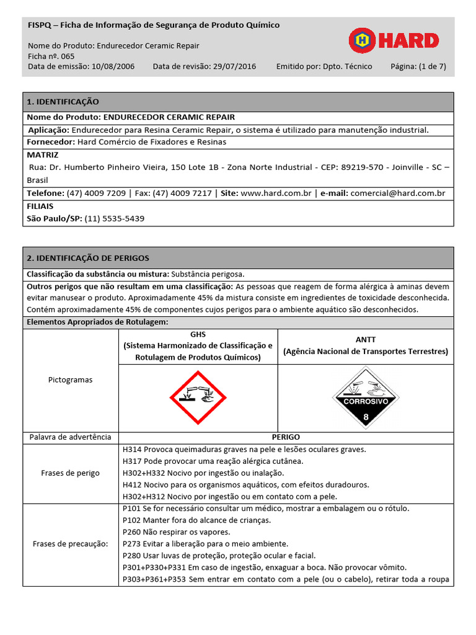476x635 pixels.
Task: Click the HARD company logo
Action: tap(394, 41)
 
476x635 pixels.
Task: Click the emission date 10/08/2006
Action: tap(112, 66)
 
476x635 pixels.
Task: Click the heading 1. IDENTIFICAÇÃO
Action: tap(63, 102)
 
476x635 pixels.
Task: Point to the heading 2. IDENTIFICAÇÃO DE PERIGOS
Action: tap(87, 258)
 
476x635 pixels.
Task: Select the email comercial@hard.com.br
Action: tap(397, 193)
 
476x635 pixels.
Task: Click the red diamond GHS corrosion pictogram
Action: tap(198, 397)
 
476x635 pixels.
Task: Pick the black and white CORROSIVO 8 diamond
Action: tap(365, 397)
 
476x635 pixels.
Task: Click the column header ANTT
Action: tap(366, 340)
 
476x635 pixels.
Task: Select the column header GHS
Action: tap(198, 334)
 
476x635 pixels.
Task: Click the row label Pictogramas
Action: tap(70, 380)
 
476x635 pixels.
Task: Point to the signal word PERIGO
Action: tap(286, 437)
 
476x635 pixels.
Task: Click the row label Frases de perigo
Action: tap(70, 473)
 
